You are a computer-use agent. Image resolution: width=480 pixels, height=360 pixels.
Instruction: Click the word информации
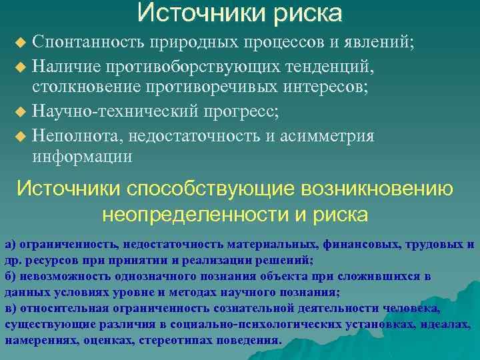pos(83,157)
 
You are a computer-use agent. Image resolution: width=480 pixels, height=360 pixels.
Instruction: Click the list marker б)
pos(10,276)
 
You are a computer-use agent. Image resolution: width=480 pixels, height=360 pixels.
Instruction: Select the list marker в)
pos(10,308)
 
